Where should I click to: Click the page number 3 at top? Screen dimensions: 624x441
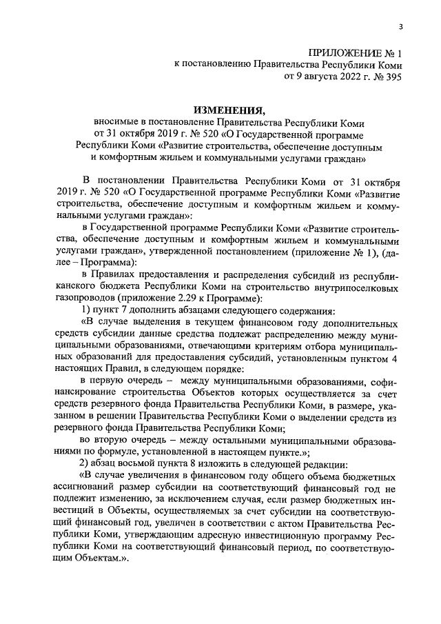point(400,26)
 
